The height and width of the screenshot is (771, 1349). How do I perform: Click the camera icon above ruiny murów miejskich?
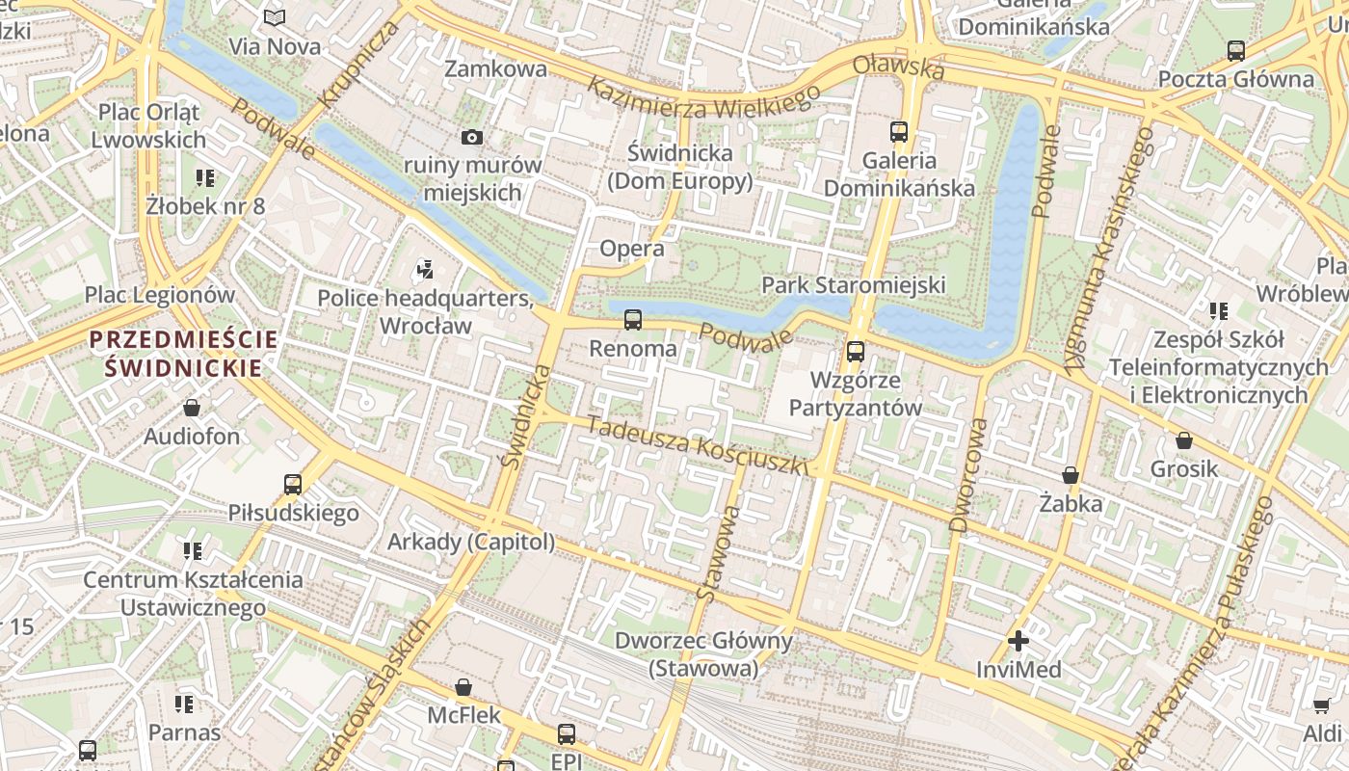pyautogui.click(x=471, y=137)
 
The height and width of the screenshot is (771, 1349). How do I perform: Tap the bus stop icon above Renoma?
pyautogui.click(x=633, y=319)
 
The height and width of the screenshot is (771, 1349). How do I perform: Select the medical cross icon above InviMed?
pyautogui.click(x=1018, y=640)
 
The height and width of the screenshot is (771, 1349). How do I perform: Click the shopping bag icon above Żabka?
pyautogui.click(x=1070, y=475)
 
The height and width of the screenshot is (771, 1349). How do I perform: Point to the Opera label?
pyautogui.click(x=632, y=249)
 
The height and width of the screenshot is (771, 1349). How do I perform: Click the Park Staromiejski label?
pyautogui.click(x=853, y=284)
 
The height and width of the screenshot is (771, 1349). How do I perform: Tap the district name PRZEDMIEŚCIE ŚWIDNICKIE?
pyautogui.click(x=183, y=353)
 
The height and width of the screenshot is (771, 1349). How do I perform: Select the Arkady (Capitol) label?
pyautogui.click(x=471, y=542)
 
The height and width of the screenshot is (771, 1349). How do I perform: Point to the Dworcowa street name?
pyautogui.click(x=968, y=475)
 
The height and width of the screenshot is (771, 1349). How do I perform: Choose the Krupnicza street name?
pyautogui.click(x=358, y=64)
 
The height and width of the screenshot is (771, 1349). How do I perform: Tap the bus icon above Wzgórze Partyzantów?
pyautogui.click(x=855, y=352)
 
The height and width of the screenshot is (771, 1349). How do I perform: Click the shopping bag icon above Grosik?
pyautogui.click(x=1184, y=440)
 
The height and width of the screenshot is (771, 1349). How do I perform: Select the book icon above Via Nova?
pyautogui.click(x=275, y=17)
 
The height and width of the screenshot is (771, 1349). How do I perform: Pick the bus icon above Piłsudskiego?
pyautogui.click(x=293, y=484)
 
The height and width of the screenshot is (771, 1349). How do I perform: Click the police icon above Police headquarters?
pyautogui.click(x=425, y=269)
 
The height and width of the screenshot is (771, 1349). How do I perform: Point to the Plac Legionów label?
pyautogui.click(x=160, y=294)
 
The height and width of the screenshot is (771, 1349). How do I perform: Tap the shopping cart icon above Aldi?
pyautogui.click(x=1322, y=705)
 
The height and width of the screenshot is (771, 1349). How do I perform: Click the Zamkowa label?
pyautogui.click(x=495, y=68)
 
